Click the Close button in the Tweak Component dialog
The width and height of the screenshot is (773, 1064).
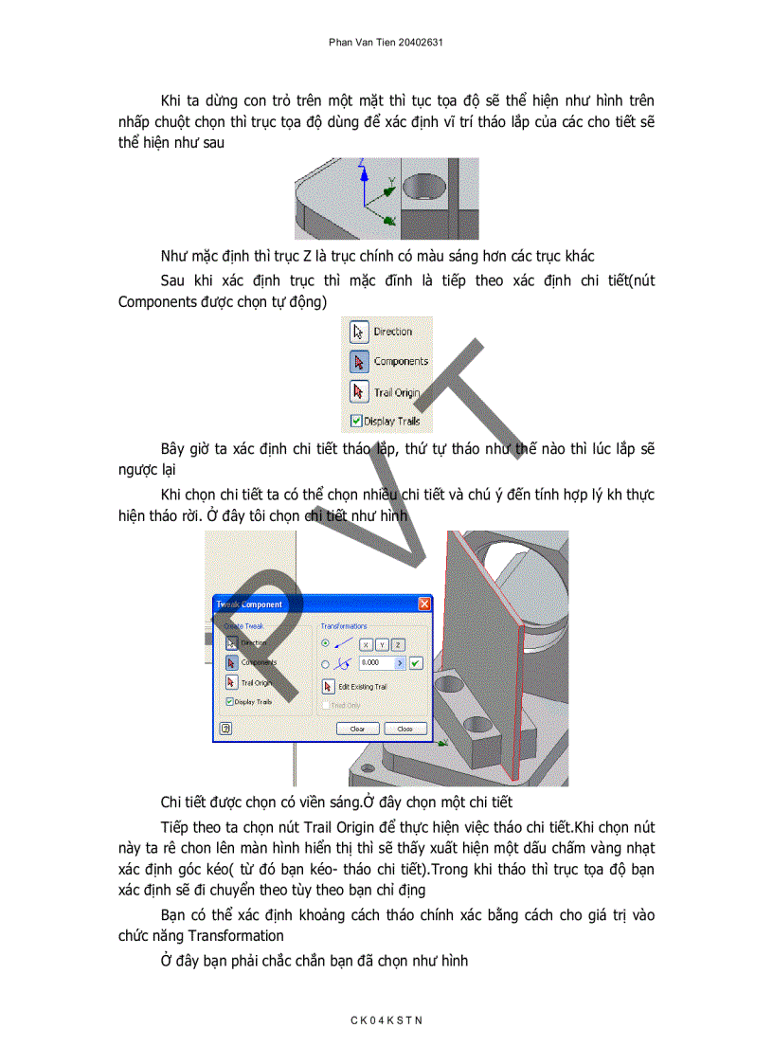(x=405, y=729)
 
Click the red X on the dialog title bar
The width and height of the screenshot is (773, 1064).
(x=424, y=604)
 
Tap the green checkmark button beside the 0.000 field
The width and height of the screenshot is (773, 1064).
(x=415, y=663)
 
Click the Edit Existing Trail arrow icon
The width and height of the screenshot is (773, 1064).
(x=329, y=686)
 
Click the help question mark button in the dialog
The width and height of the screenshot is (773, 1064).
(x=226, y=729)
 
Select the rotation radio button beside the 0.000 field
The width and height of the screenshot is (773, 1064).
(x=326, y=663)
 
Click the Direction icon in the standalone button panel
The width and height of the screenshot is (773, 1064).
(x=359, y=332)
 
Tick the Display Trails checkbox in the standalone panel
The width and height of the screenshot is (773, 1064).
(x=356, y=421)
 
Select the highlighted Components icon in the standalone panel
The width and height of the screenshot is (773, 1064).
(x=359, y=361)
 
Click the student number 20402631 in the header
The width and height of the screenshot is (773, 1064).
(x=420, y=43)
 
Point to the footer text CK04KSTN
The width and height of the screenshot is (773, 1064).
(x=386, y=1019)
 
